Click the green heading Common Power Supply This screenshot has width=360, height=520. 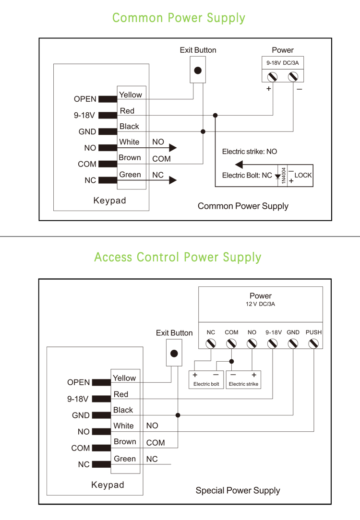179,18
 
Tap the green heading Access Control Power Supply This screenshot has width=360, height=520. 178,257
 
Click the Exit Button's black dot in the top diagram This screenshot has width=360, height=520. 197,71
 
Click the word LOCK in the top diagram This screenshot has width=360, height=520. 303,175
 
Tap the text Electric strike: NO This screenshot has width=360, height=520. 250,152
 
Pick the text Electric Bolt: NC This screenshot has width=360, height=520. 247,176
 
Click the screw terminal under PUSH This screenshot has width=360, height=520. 313,343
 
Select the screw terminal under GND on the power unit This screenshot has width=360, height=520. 293,343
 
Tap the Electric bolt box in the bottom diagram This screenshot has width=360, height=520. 206,379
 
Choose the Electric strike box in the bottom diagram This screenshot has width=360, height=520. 243,379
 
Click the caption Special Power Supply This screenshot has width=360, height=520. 238,490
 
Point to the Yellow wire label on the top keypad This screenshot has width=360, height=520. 131,95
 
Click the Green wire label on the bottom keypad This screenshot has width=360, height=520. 125,459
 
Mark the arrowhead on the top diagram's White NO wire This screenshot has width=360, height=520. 173,148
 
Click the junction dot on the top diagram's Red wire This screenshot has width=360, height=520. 216,115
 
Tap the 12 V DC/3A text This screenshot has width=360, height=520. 261,304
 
